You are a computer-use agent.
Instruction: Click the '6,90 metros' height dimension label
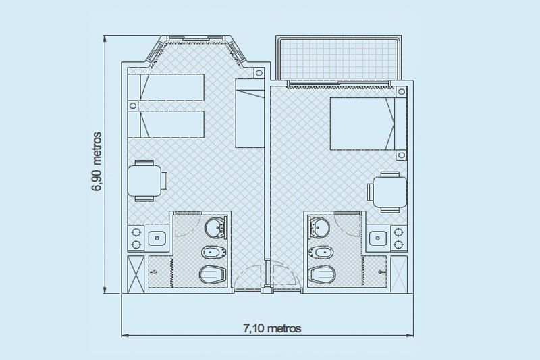point(97,163)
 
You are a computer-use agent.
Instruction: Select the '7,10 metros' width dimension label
point(271,328)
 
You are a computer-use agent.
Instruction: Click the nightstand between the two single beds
point(133,105)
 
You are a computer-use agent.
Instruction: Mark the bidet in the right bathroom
point(321,253)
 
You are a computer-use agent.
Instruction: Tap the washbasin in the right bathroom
point(317,227)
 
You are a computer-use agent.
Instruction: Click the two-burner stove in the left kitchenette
point(136,238)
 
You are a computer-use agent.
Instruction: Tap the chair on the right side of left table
point(164,180)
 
